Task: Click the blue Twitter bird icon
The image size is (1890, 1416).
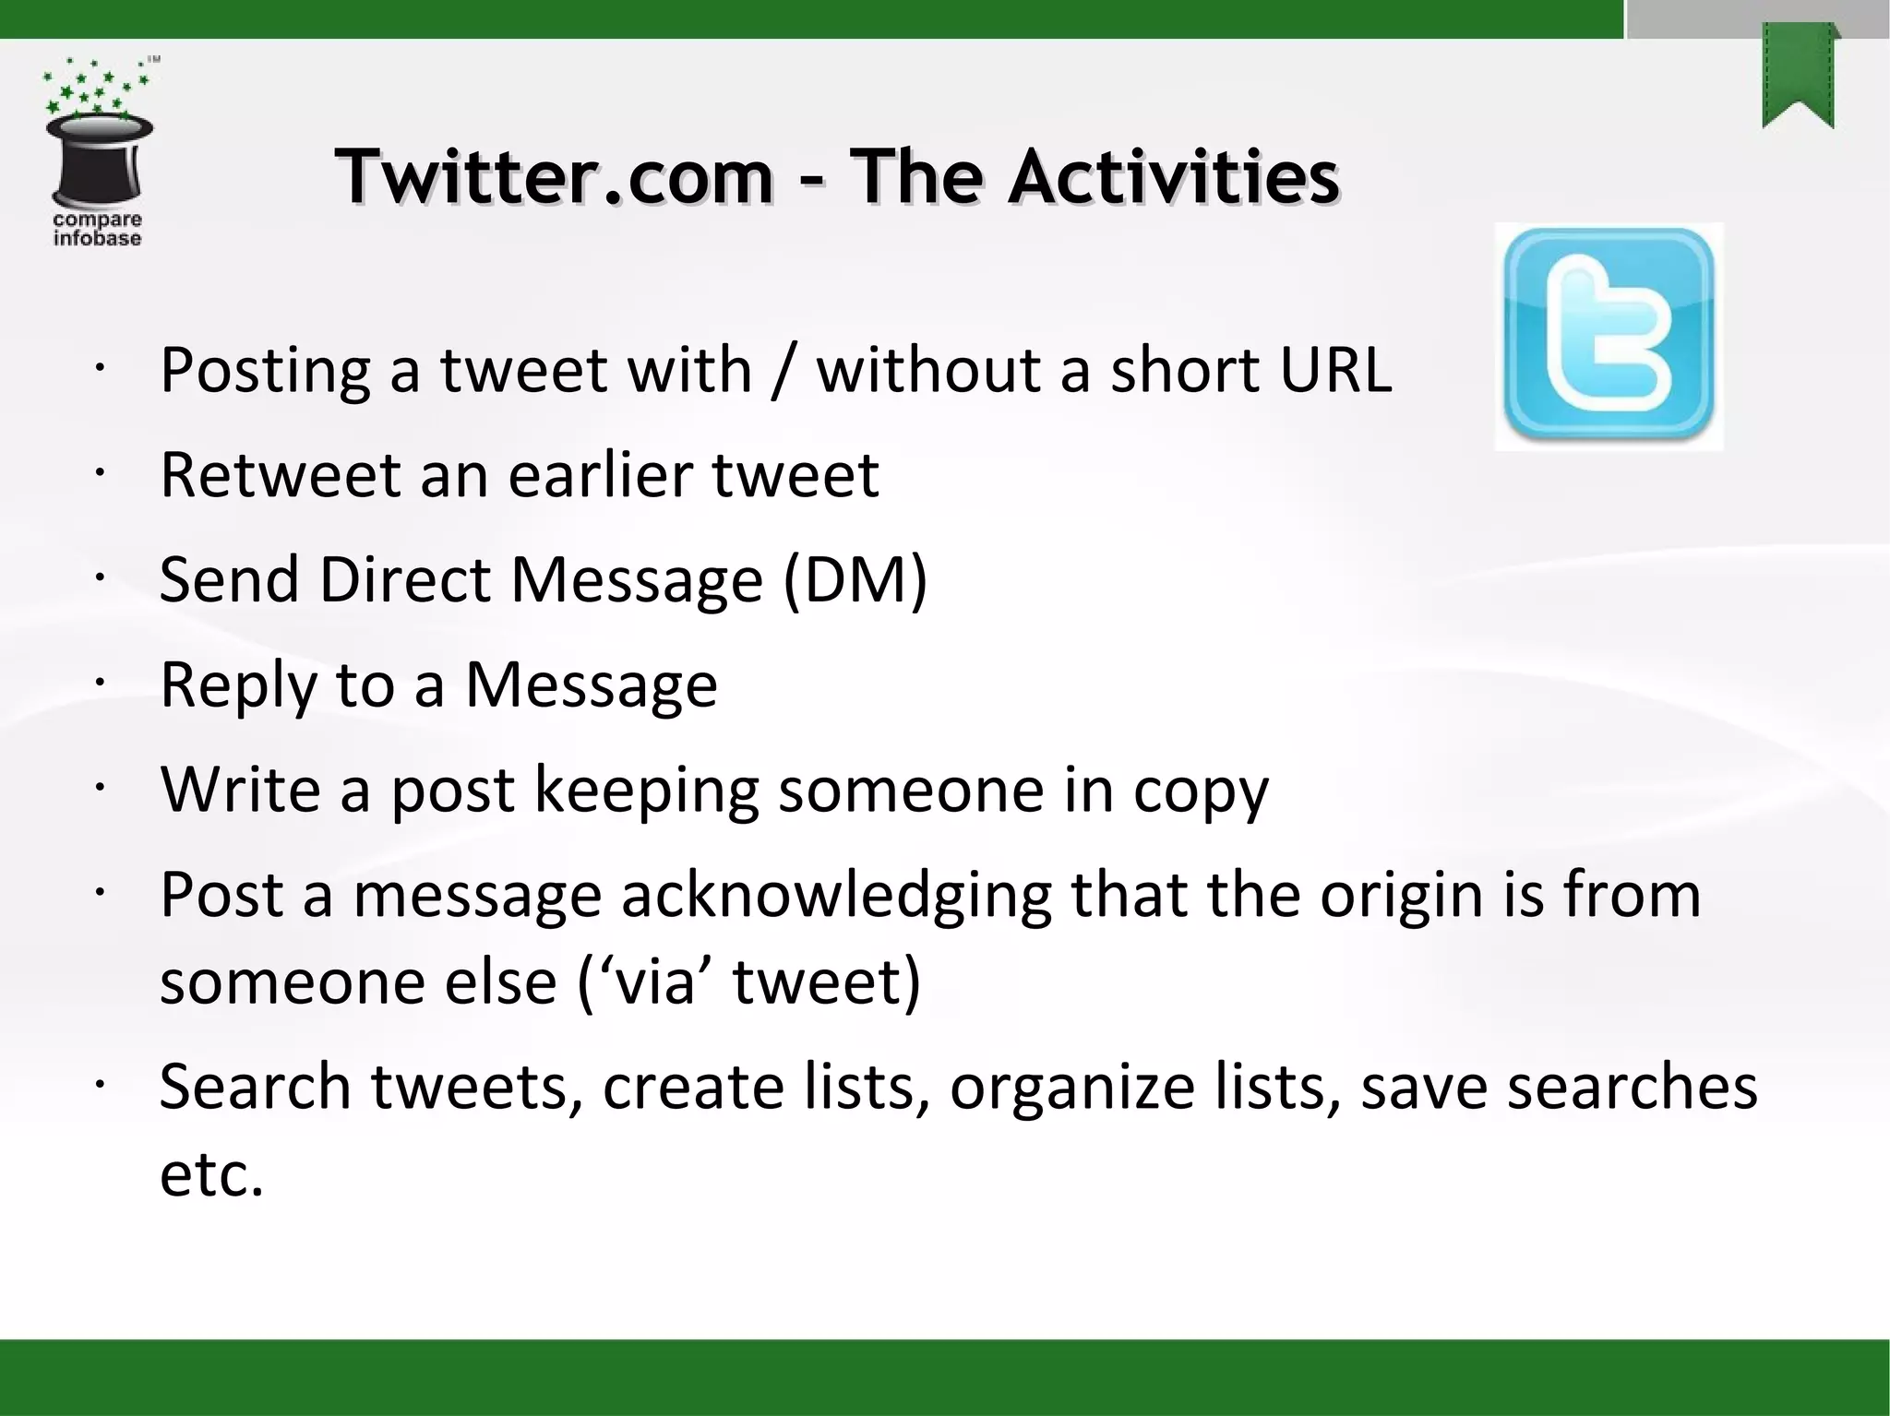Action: (x=1609, y=336)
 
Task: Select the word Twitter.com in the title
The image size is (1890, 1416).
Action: (x=554, y=177)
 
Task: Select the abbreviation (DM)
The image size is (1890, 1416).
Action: (x=855, y=581)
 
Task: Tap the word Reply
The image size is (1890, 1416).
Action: (x=237, y=686)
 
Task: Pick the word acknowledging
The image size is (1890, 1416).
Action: (x=836, y=896)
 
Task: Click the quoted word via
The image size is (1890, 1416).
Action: (x=654, y=982)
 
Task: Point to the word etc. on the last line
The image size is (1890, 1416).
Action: (x=211, y=1175)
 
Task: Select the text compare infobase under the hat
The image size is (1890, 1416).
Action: (x=97, y=229)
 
